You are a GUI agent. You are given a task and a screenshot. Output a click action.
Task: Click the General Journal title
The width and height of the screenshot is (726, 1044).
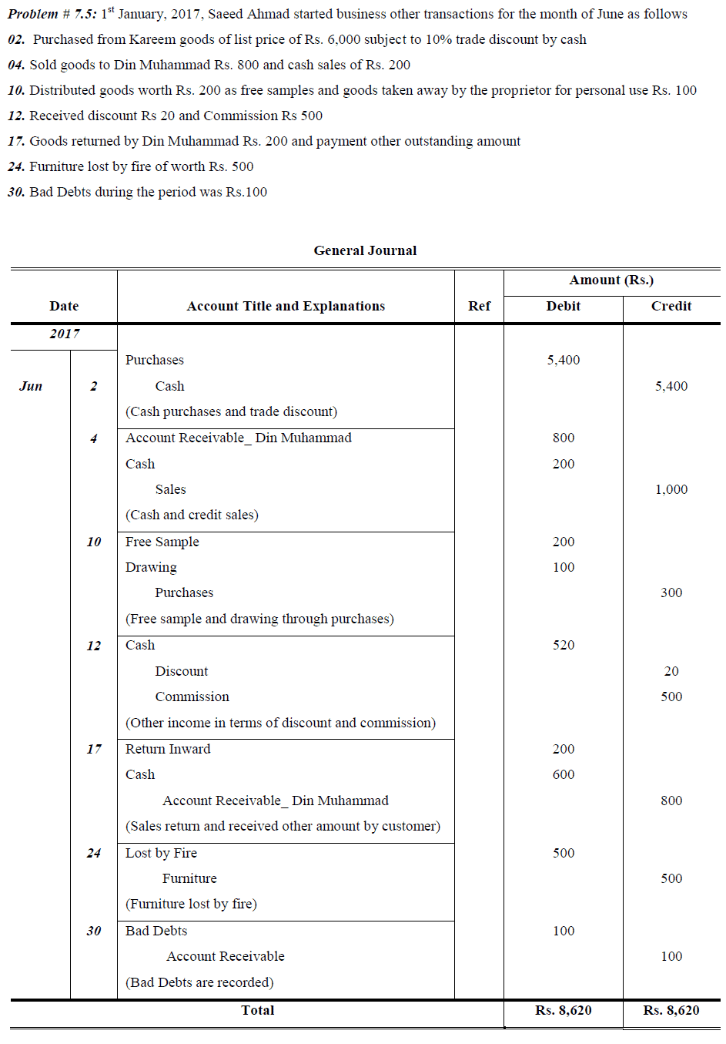point(365,250)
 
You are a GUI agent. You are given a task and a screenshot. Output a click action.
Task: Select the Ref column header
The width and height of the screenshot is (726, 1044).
point(479,306)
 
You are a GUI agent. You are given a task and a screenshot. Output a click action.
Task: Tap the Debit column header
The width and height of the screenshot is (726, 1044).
point(563,306)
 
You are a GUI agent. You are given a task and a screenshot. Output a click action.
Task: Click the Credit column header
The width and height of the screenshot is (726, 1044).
point(671,306)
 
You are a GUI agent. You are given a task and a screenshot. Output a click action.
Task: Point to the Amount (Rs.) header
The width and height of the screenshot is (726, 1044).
point(611,280)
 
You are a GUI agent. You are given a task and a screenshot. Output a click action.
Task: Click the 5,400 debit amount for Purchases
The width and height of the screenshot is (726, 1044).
point(563,360)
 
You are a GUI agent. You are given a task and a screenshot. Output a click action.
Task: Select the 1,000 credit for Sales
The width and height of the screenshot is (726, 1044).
point(671,489)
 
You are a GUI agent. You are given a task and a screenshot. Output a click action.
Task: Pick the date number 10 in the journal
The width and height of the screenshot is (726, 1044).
point(94,542)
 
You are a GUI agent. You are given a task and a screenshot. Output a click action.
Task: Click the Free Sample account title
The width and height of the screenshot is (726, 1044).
point(162,542)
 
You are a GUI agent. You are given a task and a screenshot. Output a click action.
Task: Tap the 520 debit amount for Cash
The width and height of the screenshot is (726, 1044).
point(563,645)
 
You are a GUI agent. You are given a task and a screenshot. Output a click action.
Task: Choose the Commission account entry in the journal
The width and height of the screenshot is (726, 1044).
point(192,697)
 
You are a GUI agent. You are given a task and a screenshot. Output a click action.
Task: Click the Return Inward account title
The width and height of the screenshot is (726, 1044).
point(168,749)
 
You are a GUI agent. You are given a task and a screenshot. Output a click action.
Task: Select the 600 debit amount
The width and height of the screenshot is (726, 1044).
point(563,774)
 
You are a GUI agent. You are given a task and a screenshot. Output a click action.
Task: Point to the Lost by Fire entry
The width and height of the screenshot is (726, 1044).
point(161,853)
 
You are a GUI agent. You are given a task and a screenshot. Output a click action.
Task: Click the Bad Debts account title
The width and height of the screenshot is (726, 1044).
point(156,931)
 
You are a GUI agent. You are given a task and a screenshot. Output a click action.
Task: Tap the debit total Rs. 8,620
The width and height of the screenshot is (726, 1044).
point(563,1010)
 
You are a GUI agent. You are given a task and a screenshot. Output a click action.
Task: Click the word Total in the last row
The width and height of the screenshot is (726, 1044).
point(257,1010)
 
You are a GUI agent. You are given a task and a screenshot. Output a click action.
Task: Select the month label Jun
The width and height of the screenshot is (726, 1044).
point(31,386)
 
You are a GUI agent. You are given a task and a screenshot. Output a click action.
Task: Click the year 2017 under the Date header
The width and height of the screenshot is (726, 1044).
point(64,334)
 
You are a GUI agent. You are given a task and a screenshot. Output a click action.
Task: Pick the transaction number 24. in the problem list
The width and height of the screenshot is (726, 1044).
point(16,166)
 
